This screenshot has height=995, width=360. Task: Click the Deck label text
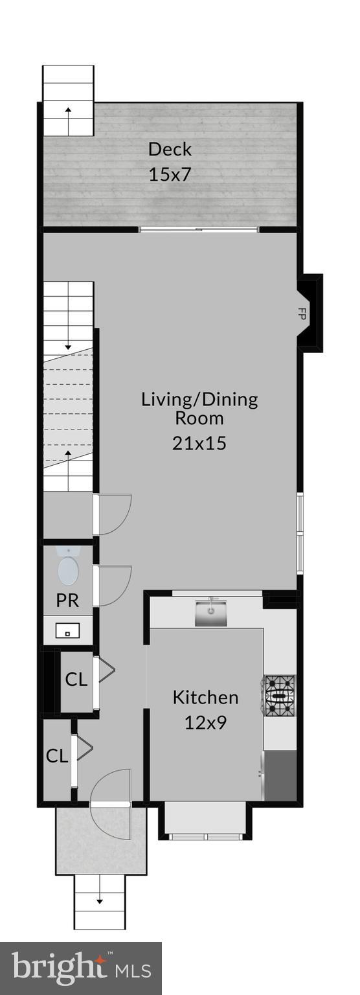pyautogui.click(x=170, y=149)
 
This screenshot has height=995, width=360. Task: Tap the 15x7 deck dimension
pyautogui.click(x=170, y=174)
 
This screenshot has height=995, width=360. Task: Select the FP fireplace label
pyautogui.click(x=301, y=314)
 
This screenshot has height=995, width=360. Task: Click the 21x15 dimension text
pyautogui.click(x=199, y=443)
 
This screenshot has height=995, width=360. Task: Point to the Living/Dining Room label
pyautogui.click(x=199, y=408)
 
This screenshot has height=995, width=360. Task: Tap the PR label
pyautogui.click(x=67, y=600)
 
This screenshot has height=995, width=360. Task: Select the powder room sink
pyautogui.click(x=67, y=630)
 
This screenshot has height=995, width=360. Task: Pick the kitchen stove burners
pyautogui.click(x=279, y=696)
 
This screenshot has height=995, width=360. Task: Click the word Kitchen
pyautogui.click(x=205, y=698)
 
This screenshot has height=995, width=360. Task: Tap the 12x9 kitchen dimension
pyautogui.click(x=205, y=722)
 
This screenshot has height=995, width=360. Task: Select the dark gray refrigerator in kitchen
pyautogui.click(x=280, y=775)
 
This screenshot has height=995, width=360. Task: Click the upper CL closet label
pyautogui.click(x=76, y=680)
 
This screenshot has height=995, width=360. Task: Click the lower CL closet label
pyautogui.click(x=57, y=755)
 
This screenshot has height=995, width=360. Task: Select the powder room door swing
pyautogui.click(x=114, y=586)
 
